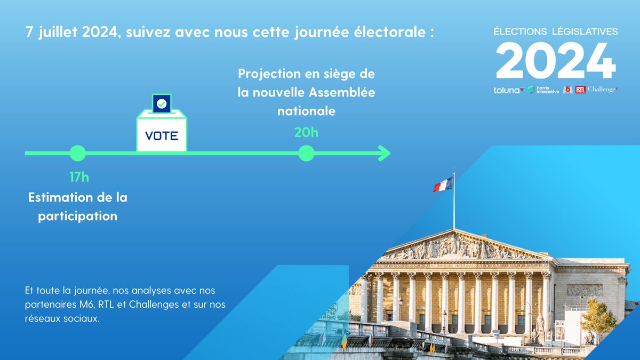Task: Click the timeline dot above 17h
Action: pyautogui.click(x=78, y=154)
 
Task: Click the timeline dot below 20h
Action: pyautogui.click(x=306, y=154)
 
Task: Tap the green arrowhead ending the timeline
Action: pyautogui.click(x=384, y=154)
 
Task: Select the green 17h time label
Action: pyautogui.click(x=79, y=177)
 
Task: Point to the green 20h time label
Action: pyautogui.click(x=306, y=132)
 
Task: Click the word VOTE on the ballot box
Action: pyautogui.click(x=162, y=135)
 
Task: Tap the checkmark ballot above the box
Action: pyautogui.click(x=162, y=103)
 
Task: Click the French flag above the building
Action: pyautogui.click(x=443, y=185)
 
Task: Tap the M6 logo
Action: pyautogui.click(x=568, y=90)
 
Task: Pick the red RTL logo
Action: pyautogui.click(x=580, y=90)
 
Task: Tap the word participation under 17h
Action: pyautogui.click(x=78, y=217)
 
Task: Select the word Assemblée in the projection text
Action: pyautogui.click(x=342, y=92)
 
